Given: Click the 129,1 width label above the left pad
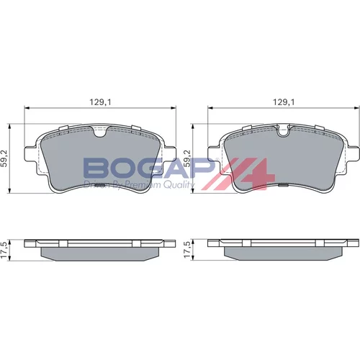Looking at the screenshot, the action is (100, 102).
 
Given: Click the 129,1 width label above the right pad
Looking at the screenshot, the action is (284, 102).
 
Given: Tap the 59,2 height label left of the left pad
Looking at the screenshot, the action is (5, 158).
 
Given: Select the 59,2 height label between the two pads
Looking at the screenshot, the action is (187, 158).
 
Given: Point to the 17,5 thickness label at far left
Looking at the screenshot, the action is (5, 250).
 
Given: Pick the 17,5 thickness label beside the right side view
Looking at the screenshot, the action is (187, 250).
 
